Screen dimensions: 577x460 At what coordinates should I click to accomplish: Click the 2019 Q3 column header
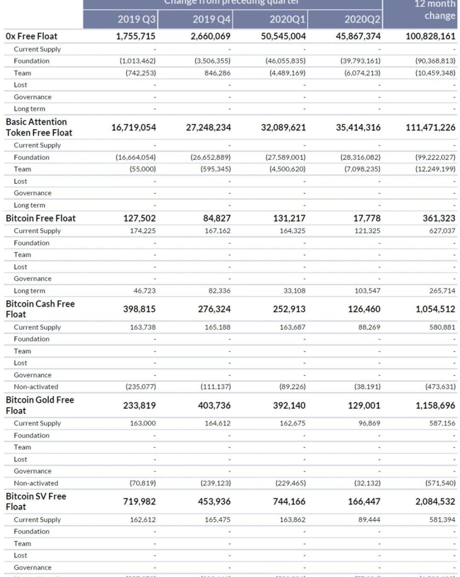pyautogui.click(x=136, y=19)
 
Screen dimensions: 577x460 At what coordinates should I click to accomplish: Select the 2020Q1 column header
pyautogui.click(x=287, y=19)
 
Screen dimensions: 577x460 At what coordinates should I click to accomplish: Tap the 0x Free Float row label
pyautogui.click(x=32, y=36)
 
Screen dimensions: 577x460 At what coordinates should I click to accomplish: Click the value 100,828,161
pyautogui.click(x=430, y=36)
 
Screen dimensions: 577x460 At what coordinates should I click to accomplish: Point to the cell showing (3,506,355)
pyautogui.click(x=213, y=61)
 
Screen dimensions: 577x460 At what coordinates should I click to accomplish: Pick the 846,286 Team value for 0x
pyautogui.click(x=217, y=73)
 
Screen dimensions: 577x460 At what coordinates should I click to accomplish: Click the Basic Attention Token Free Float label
pyautogui.click(x=39, y=127)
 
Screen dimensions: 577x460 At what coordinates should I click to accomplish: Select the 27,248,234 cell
pyautogui.click(x=208, y=128)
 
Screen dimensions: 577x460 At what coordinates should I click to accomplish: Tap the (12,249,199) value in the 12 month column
pyautogui.click(x=435, y=169)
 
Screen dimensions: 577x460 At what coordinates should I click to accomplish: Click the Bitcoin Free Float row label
pyautogui.click(x=40, y=218)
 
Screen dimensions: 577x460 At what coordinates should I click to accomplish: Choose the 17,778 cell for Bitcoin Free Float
pyautogui.click(x=367, y=218)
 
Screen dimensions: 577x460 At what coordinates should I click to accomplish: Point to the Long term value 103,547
pyautogui.click(x=368, y=291)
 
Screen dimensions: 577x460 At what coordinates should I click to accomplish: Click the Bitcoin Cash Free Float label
pyautogui.click(x=40, y=309)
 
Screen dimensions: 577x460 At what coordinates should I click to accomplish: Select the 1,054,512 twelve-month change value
pyautogui.click(x=435, y=309)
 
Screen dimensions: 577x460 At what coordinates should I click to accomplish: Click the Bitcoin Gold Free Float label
pyautogui.click(x=40, y=405)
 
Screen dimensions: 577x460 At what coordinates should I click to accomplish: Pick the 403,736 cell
pyautogui.click(x=214, y=406)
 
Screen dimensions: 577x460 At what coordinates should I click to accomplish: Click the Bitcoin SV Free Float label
pyautogui.click(x=36, y=501)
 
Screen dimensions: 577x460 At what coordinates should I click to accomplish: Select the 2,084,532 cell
pyautogui.click(x=435, y=502)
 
